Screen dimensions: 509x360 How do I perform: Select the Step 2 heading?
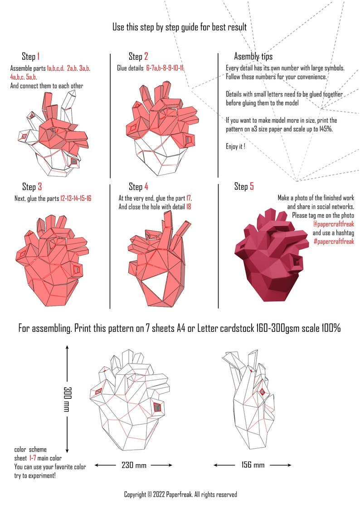138,57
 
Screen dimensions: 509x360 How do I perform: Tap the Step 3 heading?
32,187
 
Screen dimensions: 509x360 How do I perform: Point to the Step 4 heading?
138,187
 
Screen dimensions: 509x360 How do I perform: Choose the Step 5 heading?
244,187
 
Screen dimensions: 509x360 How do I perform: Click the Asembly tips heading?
253,57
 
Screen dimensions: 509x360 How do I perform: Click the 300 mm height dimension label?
68,399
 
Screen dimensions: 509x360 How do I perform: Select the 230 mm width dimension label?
133,465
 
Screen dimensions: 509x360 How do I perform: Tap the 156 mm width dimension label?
252,465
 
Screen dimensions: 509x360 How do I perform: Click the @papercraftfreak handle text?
333,224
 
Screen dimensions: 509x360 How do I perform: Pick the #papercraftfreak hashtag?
333,242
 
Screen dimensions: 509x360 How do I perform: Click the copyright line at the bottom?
180,494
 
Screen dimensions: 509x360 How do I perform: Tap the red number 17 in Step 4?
189,198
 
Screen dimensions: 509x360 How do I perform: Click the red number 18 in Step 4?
189,207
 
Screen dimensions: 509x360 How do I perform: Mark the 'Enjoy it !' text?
235,146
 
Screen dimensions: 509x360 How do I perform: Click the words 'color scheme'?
30,450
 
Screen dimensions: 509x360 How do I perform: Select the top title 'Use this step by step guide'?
180,27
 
